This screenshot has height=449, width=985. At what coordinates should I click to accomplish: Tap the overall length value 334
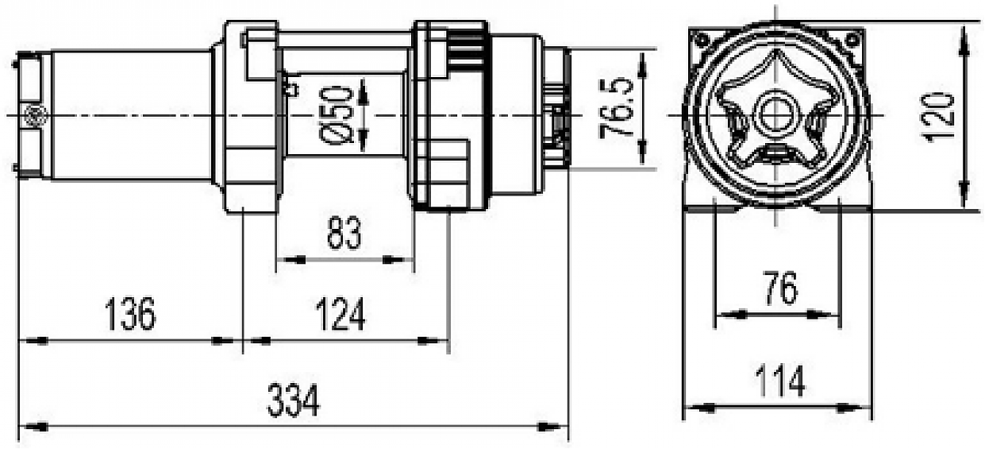click(293, 401)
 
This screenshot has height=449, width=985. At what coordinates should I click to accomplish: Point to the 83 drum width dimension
click(343, 234)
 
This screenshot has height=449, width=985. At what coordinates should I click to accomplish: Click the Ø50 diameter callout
click(337, 114)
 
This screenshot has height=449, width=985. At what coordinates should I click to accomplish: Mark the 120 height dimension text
click(940, 117)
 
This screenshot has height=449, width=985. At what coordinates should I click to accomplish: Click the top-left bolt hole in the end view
click(702, 38)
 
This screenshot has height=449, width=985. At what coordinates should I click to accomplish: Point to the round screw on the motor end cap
click(33, 114)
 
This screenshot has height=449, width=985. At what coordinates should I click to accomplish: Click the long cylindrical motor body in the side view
click(131, 115)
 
